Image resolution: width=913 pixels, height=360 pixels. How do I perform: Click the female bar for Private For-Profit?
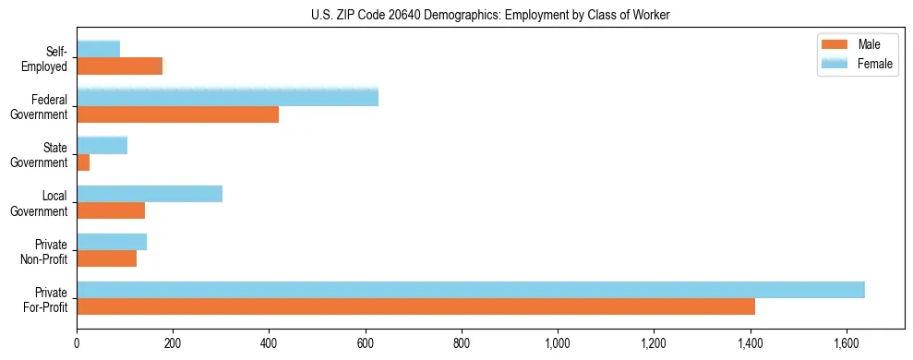(471, 290)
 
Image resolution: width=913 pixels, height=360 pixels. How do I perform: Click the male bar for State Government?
(83, 162)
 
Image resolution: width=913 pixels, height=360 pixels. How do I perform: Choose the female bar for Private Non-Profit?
(112, 242)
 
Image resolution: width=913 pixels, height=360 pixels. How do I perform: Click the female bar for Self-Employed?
(98, 49)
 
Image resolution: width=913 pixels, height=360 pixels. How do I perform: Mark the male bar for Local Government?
(111, 210)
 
